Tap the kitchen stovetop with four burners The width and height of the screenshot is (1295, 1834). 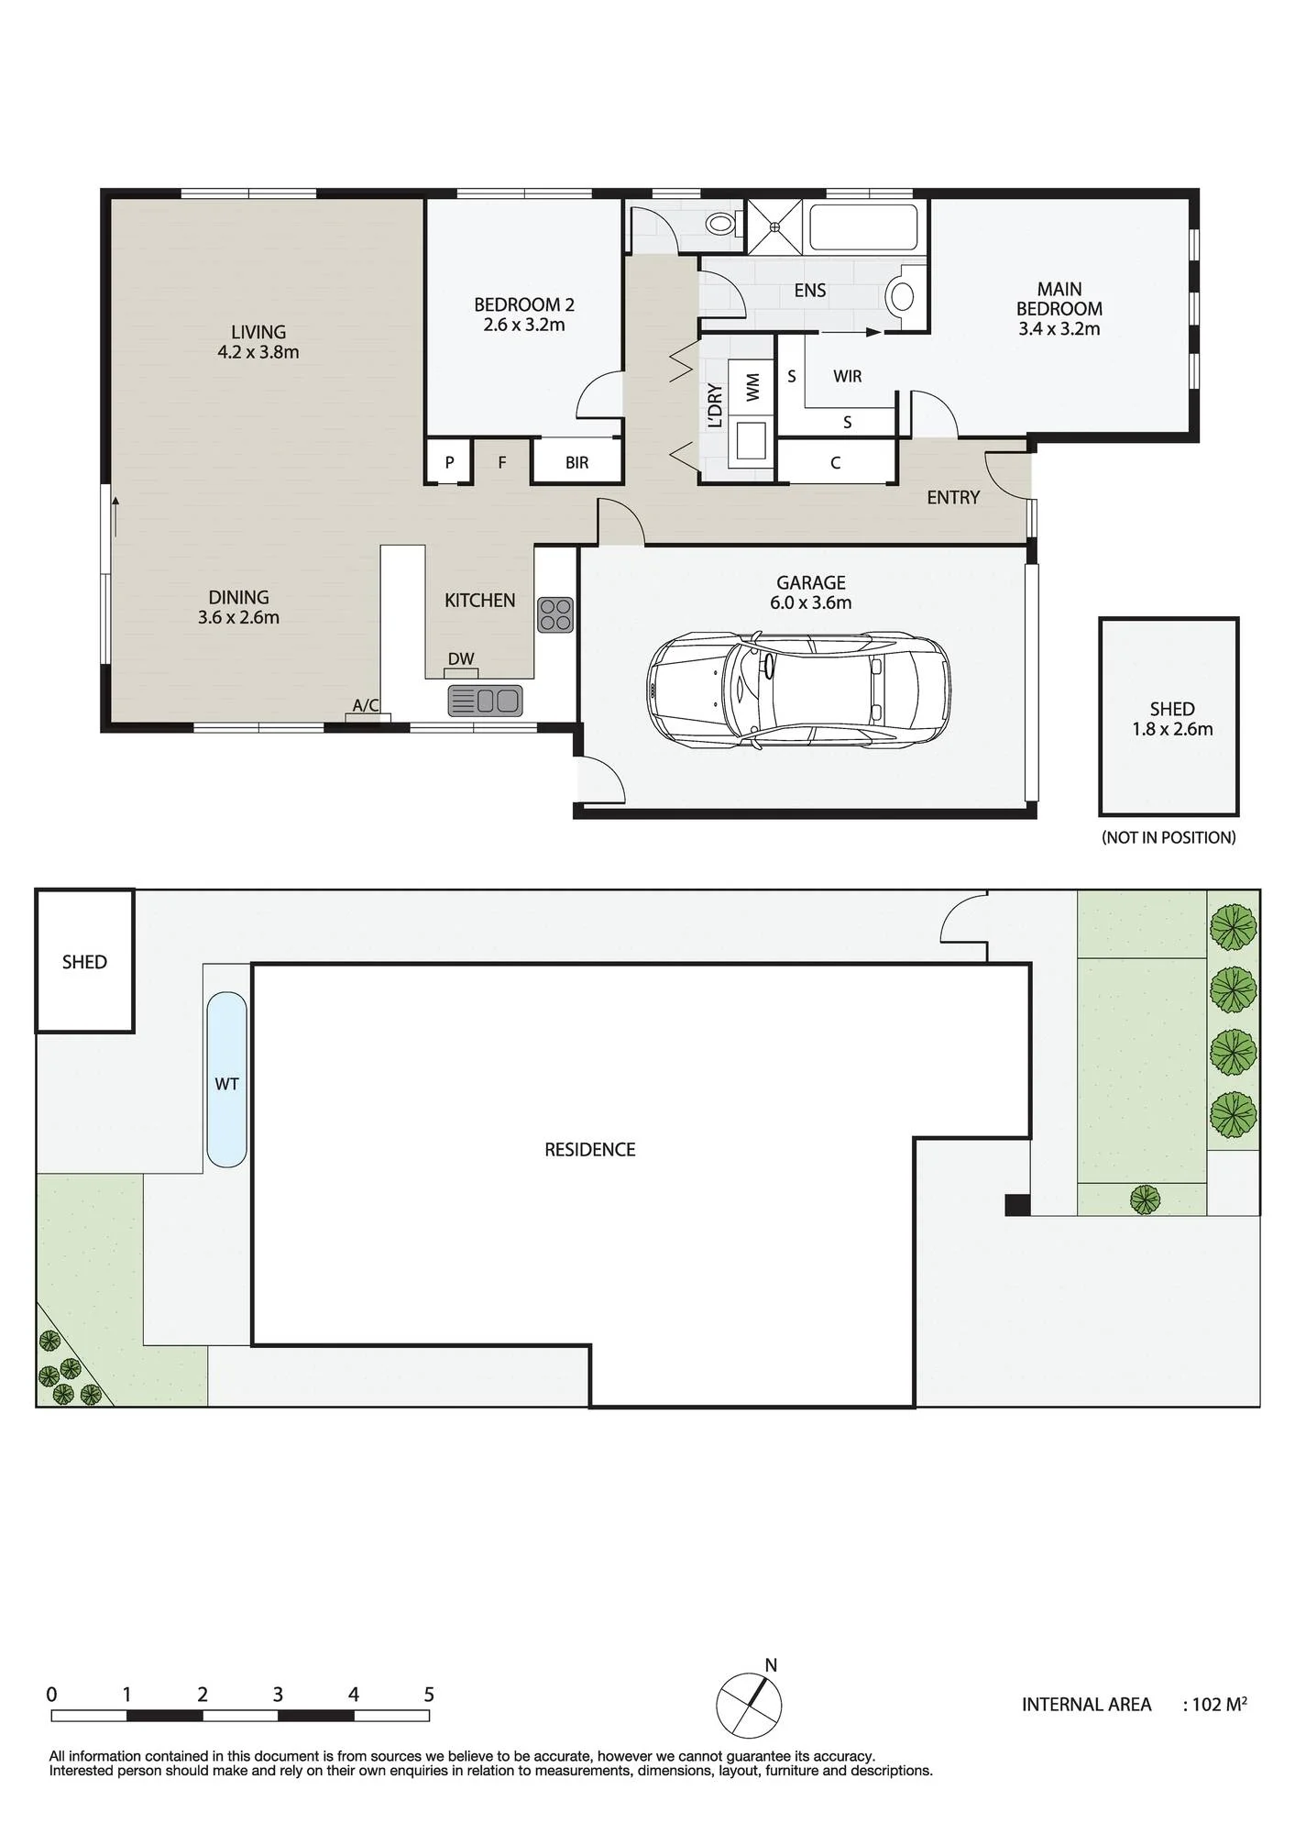point(555,614)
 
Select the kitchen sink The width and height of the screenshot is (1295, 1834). point(485,701)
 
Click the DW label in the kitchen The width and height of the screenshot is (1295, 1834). point(461,658)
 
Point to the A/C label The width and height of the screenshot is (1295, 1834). point(366,705)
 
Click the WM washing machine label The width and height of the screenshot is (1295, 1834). point(752,386)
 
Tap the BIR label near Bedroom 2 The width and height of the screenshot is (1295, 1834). point(576,463)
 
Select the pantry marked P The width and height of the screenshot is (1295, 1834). point(449,462)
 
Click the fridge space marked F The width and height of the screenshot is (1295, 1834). point(502,462)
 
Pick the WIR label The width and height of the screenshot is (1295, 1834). point(847,376)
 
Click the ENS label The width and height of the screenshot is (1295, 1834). point(810,291)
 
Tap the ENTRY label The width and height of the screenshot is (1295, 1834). point(953,497)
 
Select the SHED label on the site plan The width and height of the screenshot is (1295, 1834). point(84,962)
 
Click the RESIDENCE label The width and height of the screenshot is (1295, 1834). point(589,1150)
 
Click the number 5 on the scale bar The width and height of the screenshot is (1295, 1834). point(429,1695)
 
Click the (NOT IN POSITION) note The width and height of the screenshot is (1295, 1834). point(1169,837)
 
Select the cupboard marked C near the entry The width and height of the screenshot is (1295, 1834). point(835,462)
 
